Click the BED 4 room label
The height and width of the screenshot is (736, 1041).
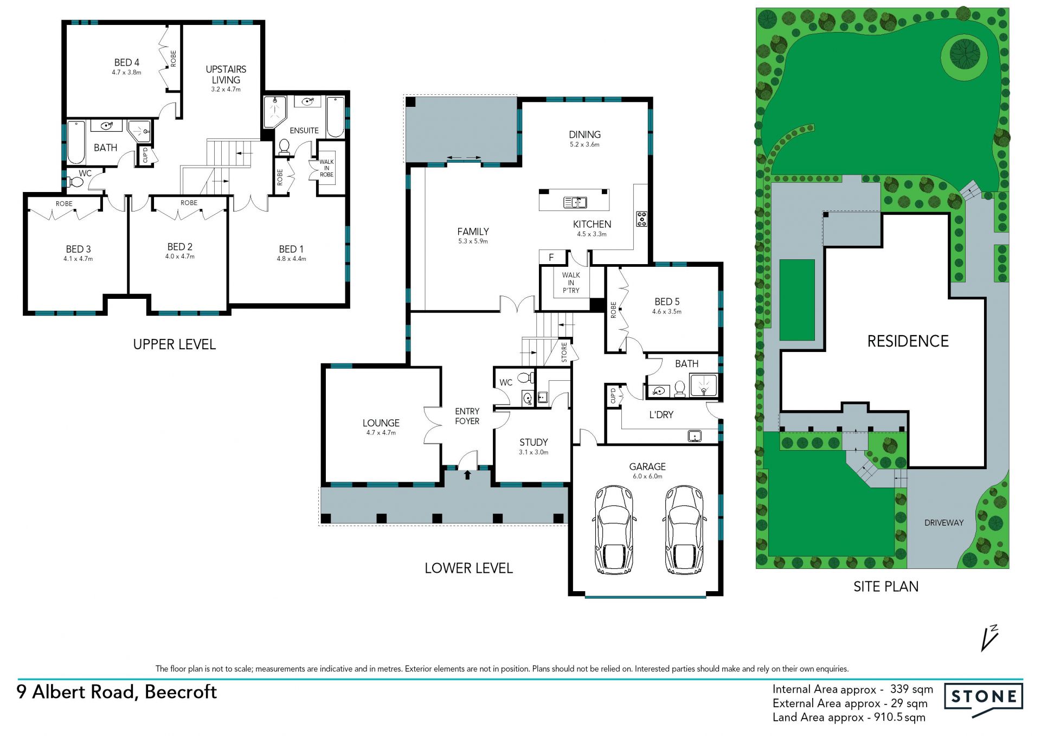click(127, 62)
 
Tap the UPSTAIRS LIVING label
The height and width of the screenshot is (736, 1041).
click(226, 74)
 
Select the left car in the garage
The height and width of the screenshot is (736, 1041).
click(614, 529)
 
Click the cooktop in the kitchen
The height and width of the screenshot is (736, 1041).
click(641, 219)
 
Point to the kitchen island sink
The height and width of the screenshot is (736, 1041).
click(575, 202)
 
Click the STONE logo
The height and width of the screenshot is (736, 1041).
click(984, 699)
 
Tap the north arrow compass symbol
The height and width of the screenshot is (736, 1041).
click(989, 638)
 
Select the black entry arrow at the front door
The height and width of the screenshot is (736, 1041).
click(467, 475)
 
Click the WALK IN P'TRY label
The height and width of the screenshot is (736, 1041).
click(571, 283)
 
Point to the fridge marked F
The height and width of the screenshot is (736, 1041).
click(552, 257)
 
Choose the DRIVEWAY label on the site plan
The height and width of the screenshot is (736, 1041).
click(944, 523)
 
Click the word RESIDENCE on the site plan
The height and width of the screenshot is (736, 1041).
click(908, 341)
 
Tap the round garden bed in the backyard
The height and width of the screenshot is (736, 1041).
click(964, 54)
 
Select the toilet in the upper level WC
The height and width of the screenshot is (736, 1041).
click(74, 183)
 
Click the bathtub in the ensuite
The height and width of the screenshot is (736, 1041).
click(336, 117)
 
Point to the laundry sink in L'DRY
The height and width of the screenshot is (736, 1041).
click(695, 436)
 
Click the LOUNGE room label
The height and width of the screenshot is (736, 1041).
click(381, 423)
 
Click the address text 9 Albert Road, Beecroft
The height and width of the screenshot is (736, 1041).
click(117, 692)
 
